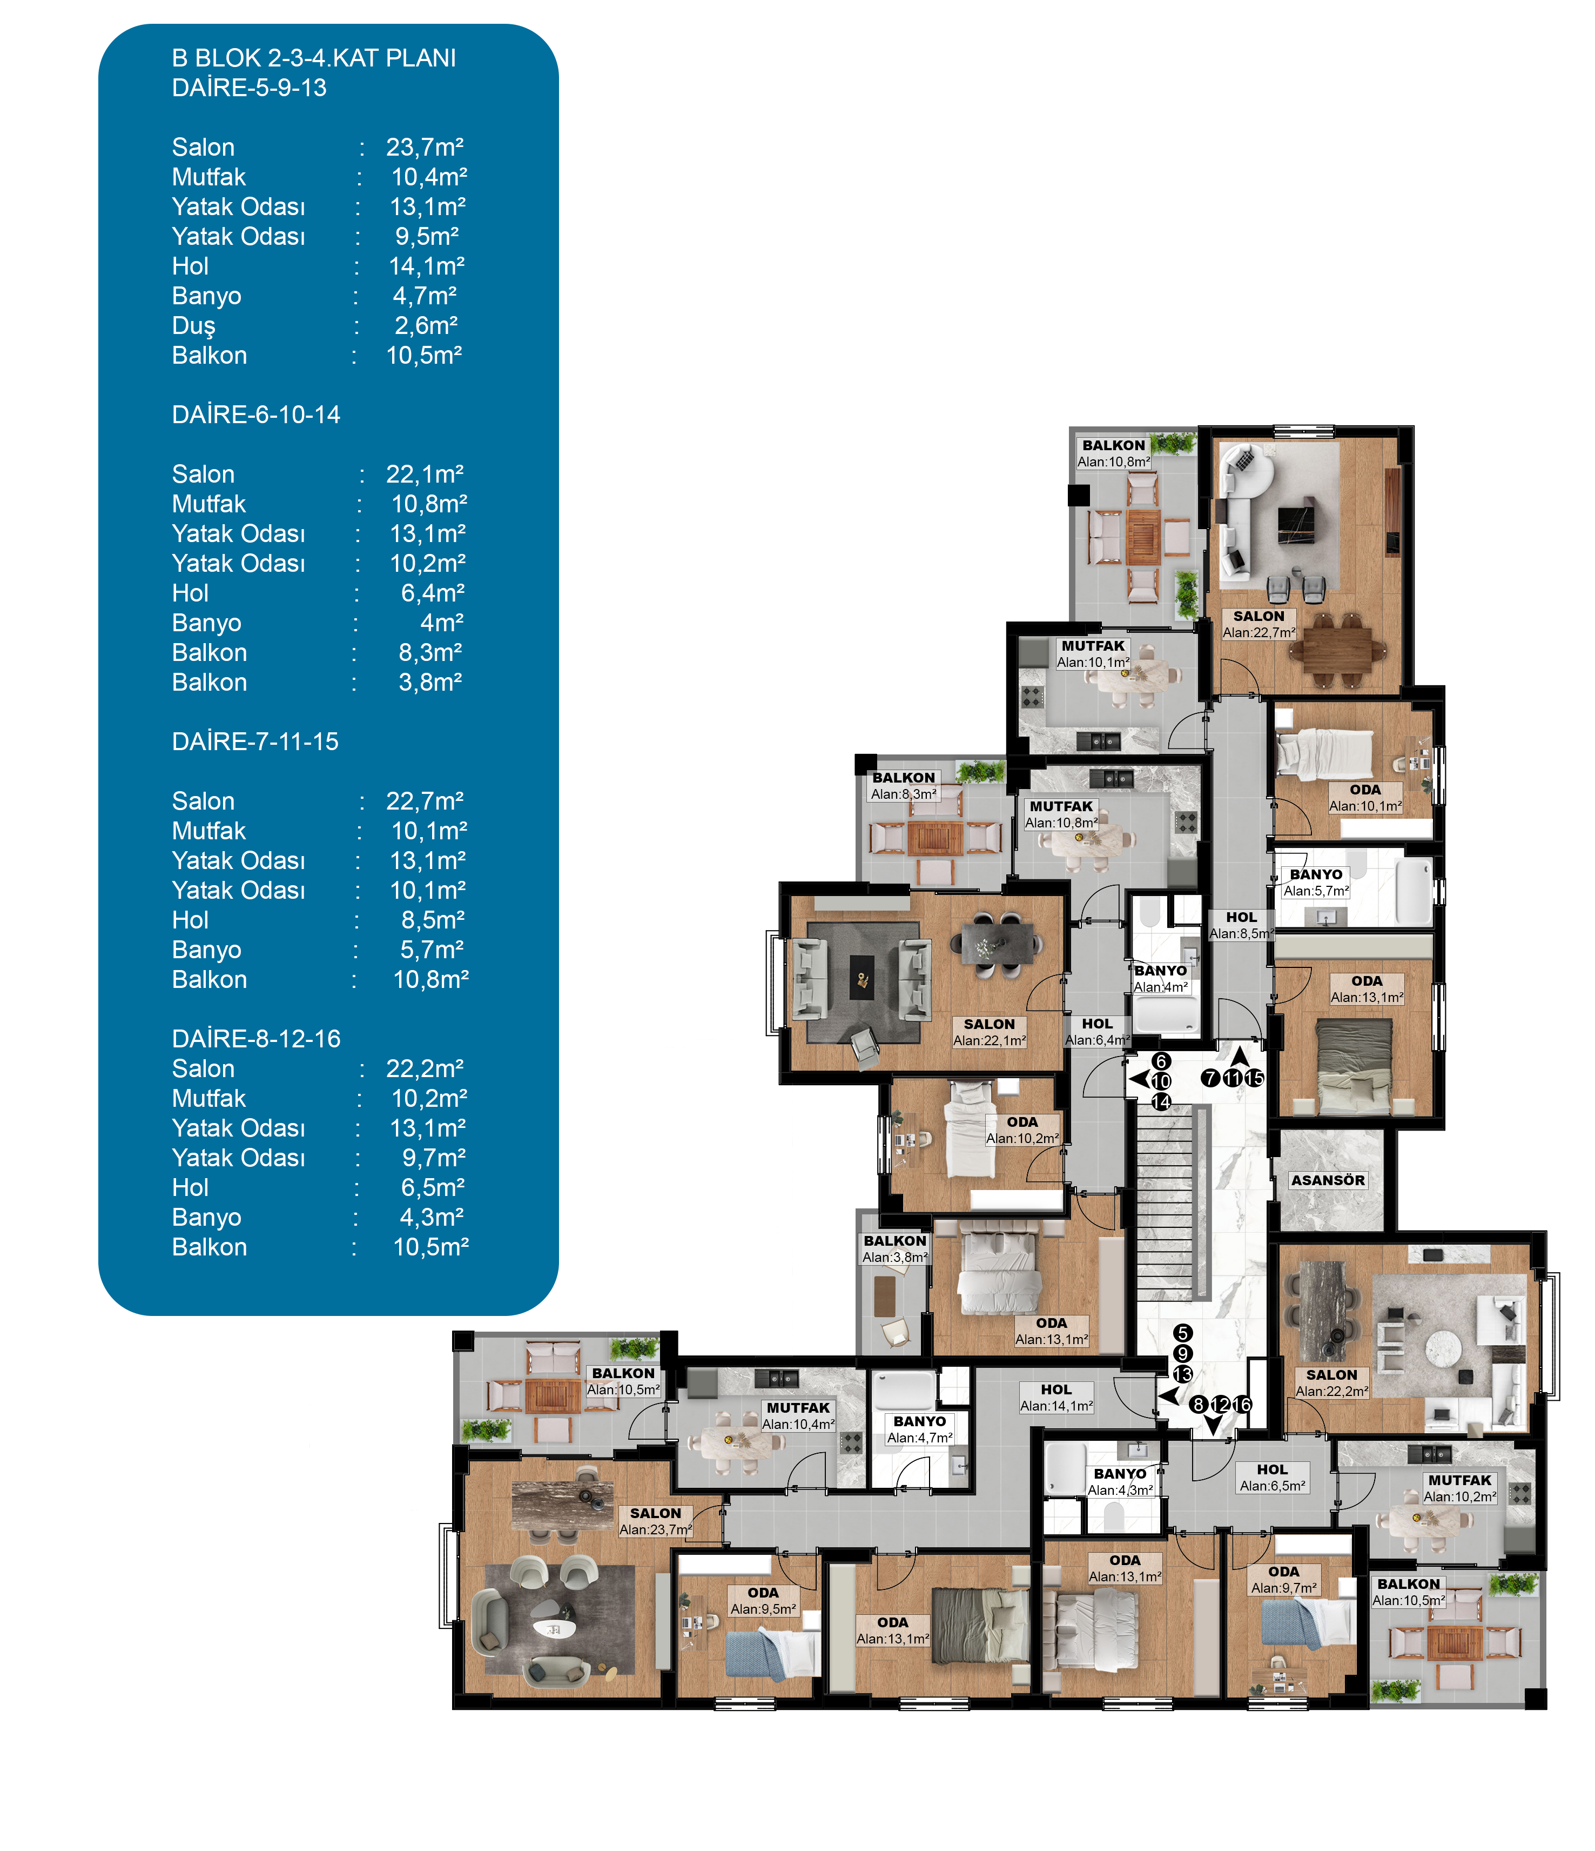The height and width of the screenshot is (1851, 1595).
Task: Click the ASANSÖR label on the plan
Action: pyautogui.click(x=1328, y=1180)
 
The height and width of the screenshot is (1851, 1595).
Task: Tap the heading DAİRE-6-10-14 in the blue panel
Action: pyautogui.click(x=257, y=415)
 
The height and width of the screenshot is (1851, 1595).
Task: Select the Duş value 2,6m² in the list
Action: pyautogui.click(x=427, y=325)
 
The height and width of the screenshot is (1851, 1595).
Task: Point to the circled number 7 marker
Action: pyautogui.click(x=1210, y=1078)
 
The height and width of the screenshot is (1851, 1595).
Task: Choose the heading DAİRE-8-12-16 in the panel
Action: pyautogui.click(x=257, y=1039)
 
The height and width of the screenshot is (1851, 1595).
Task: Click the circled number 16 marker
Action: pyautogui.click(x=1242, y=1405)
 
